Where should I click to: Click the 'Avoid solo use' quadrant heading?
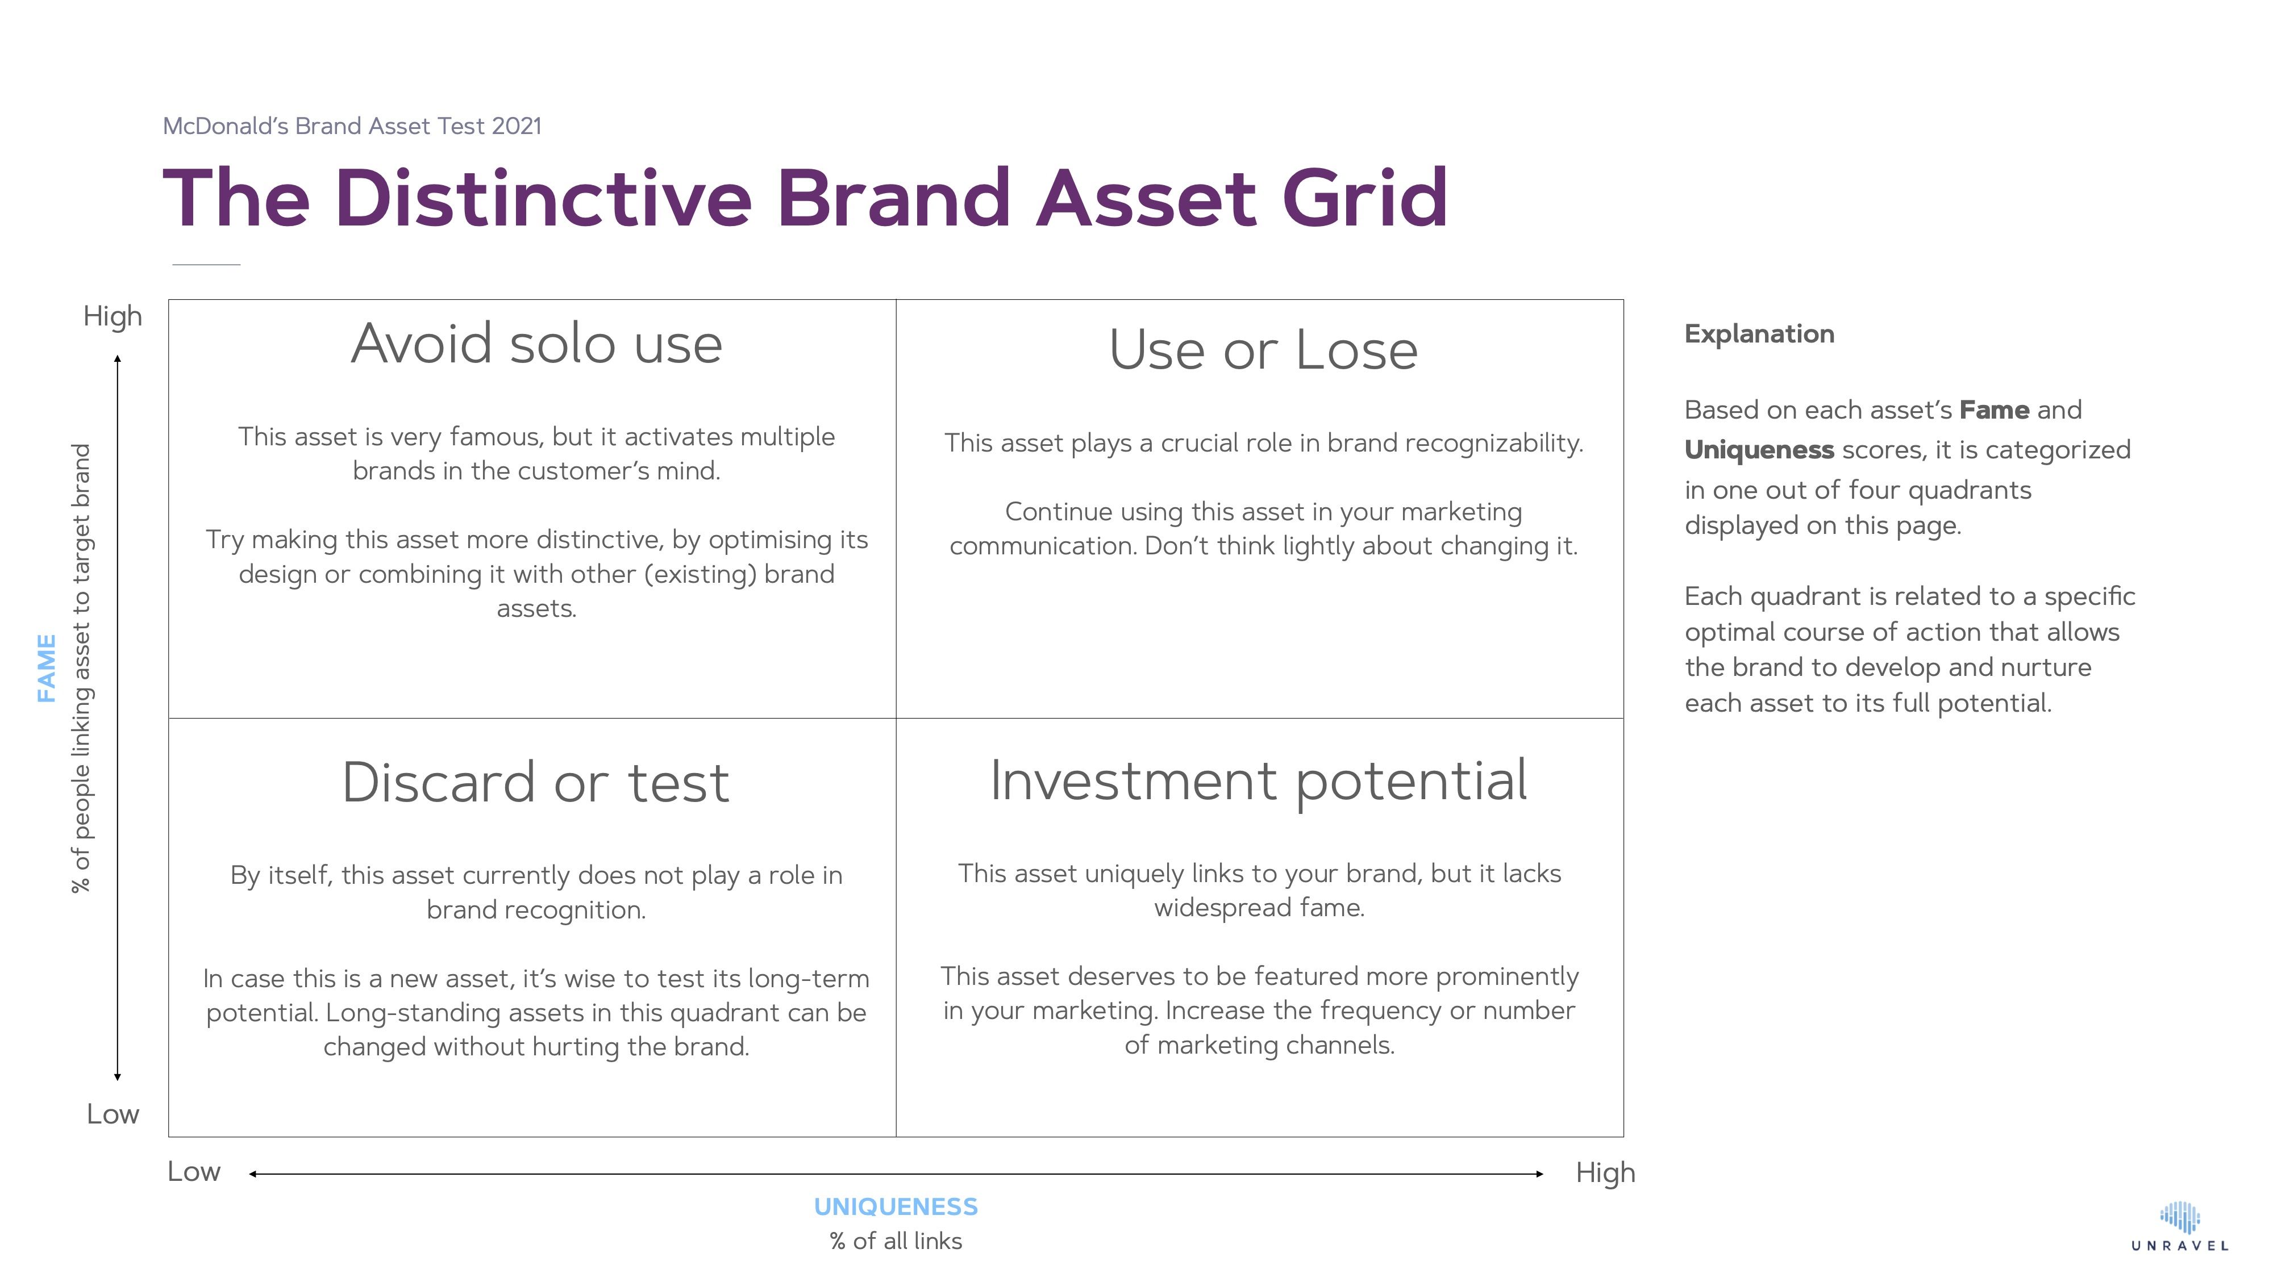pyautogui.click(x=536, y=344)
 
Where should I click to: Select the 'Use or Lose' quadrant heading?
pyautogui.click(x=1263, y=350)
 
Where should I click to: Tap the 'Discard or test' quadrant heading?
pyautogui.click(x=536, y=782)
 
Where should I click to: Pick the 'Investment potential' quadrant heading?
pyautogui.click(x=1258, y=780)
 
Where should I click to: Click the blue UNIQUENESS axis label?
pyautogui.click(x=895, y=1206)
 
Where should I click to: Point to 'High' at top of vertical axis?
pyautogui.click(x=112, y=316)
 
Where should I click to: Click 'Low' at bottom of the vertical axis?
pyautogui.click(x=112, y=1114)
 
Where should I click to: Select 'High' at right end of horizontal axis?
pyautogui.click(x=1605, y=1173)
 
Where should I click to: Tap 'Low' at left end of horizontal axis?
pyautogui.click(x=193, y=1171)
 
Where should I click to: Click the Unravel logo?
pyautogui.click(x=2179, y=1226)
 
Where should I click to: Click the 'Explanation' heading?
pyautogui.click(x=1759, y=335)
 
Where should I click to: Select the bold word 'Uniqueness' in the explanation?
pyautogui.click(x=1759, y=450)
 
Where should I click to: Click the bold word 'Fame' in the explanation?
pyautogui.click(x=1993, y=410)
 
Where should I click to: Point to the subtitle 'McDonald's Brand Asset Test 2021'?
pyautogui.click(x=352, y=126)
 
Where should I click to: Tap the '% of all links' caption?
pyautogui.click(x=895, y=1241)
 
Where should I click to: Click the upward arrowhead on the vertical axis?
pyautogui.click(x=118, y=359)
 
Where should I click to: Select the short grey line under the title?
pyautogui.click(x=206, y=264)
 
